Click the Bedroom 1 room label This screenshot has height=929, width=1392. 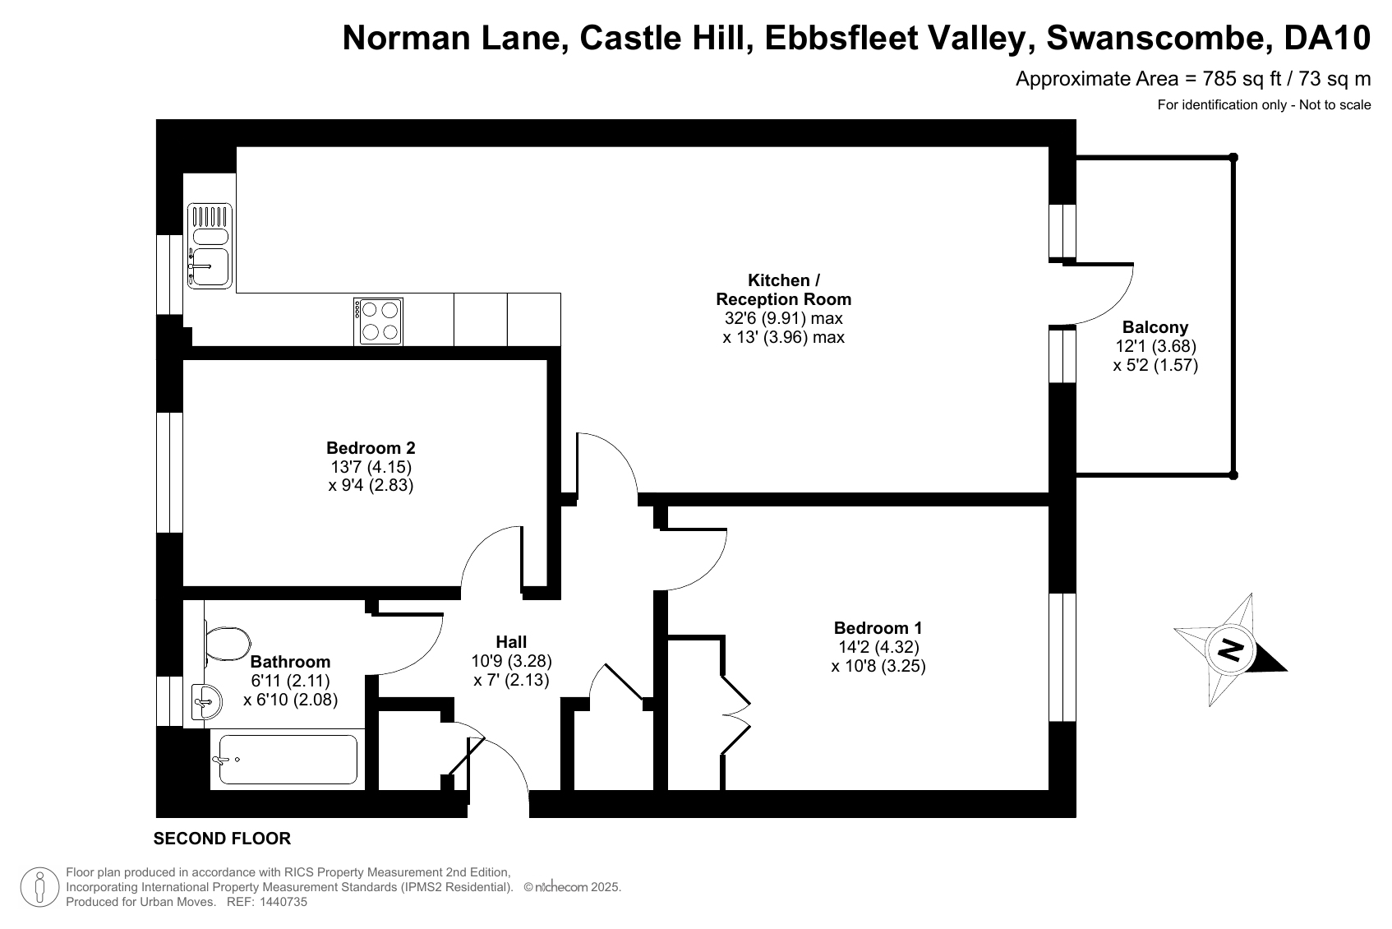click(878, 628)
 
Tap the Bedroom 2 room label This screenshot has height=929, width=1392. click(371, 448)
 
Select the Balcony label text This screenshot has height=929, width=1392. click(1155, 327)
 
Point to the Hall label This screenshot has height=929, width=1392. click(511, 642)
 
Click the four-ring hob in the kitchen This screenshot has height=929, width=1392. click(379, 321)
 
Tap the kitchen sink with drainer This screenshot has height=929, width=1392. click(210, 247)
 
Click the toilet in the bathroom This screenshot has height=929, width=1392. click(226, 644)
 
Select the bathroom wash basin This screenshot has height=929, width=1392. click(206, 702)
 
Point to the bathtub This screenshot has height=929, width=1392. click(288, 760)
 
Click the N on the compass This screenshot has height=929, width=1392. click(1230, 650)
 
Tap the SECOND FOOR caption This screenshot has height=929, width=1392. click(222, 839)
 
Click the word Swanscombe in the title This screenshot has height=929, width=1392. click(1156, 38)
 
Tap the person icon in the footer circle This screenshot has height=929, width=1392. click(39, 887)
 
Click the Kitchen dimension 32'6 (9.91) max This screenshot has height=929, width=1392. click(784, 318)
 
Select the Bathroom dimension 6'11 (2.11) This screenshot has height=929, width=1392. click(290, 681)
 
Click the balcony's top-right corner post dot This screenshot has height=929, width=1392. click(1233, 157)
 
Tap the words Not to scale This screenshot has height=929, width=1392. click(1334, 104)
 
